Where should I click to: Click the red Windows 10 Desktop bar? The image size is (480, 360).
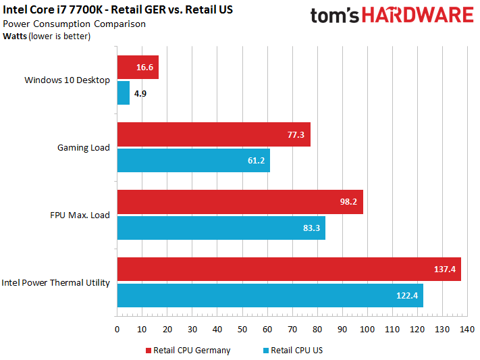(138, 68)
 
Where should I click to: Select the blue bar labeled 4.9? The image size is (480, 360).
(124, 93)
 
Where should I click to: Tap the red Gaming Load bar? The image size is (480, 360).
(213, 135)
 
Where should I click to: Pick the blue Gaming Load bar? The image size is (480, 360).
(193, 161)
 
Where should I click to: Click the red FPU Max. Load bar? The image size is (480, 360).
(240, 202)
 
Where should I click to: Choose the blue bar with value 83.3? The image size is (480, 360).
(221, 228)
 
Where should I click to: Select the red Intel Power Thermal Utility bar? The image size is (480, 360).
(288, 269)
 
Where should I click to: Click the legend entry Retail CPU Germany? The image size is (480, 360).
(187, 351)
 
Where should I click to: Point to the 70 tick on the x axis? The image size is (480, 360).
(292, 330)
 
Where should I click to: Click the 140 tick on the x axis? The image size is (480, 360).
(466, 330)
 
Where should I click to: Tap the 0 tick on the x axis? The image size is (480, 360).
(117, 330)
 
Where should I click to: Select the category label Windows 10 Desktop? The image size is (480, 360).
(67, 80)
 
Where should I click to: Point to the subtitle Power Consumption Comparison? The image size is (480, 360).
(74, 24)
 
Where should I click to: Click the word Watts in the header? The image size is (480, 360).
(16, 36)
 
